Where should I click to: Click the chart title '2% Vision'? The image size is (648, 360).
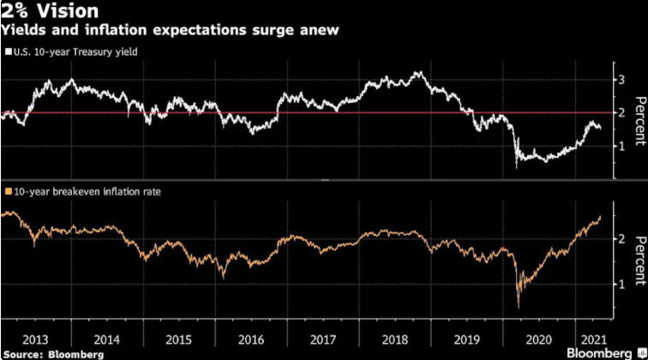tap(50, 11)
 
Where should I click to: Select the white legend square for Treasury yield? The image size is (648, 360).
tap(9, 52)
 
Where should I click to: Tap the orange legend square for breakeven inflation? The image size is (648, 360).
tap(9, 192)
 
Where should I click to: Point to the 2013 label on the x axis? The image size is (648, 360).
tap(35, 339)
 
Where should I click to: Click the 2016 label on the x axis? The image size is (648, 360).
tap(251, 339)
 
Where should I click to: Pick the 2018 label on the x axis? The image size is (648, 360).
tap(394, 339)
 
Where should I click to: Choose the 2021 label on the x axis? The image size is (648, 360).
tap(593, 339)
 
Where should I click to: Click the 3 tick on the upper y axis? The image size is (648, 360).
tap(621, 80)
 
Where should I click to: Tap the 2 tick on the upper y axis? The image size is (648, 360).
tap(621, 113)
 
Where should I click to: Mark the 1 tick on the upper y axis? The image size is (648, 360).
tap(621, 147)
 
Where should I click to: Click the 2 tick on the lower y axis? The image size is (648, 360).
tap(621, 239)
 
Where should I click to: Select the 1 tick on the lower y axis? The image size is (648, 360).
tap(621, 285)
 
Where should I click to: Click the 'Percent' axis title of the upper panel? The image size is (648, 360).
tap(639, 121)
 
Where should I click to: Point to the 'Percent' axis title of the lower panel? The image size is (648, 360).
tap(639, 261)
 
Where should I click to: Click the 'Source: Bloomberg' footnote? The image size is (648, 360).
tap(53, 355)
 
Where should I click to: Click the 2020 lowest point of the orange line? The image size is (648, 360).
tap(519, 308)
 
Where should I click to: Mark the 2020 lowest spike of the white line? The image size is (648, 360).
tap(516, 167)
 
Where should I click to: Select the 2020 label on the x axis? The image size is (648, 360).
tap(538, 339)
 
